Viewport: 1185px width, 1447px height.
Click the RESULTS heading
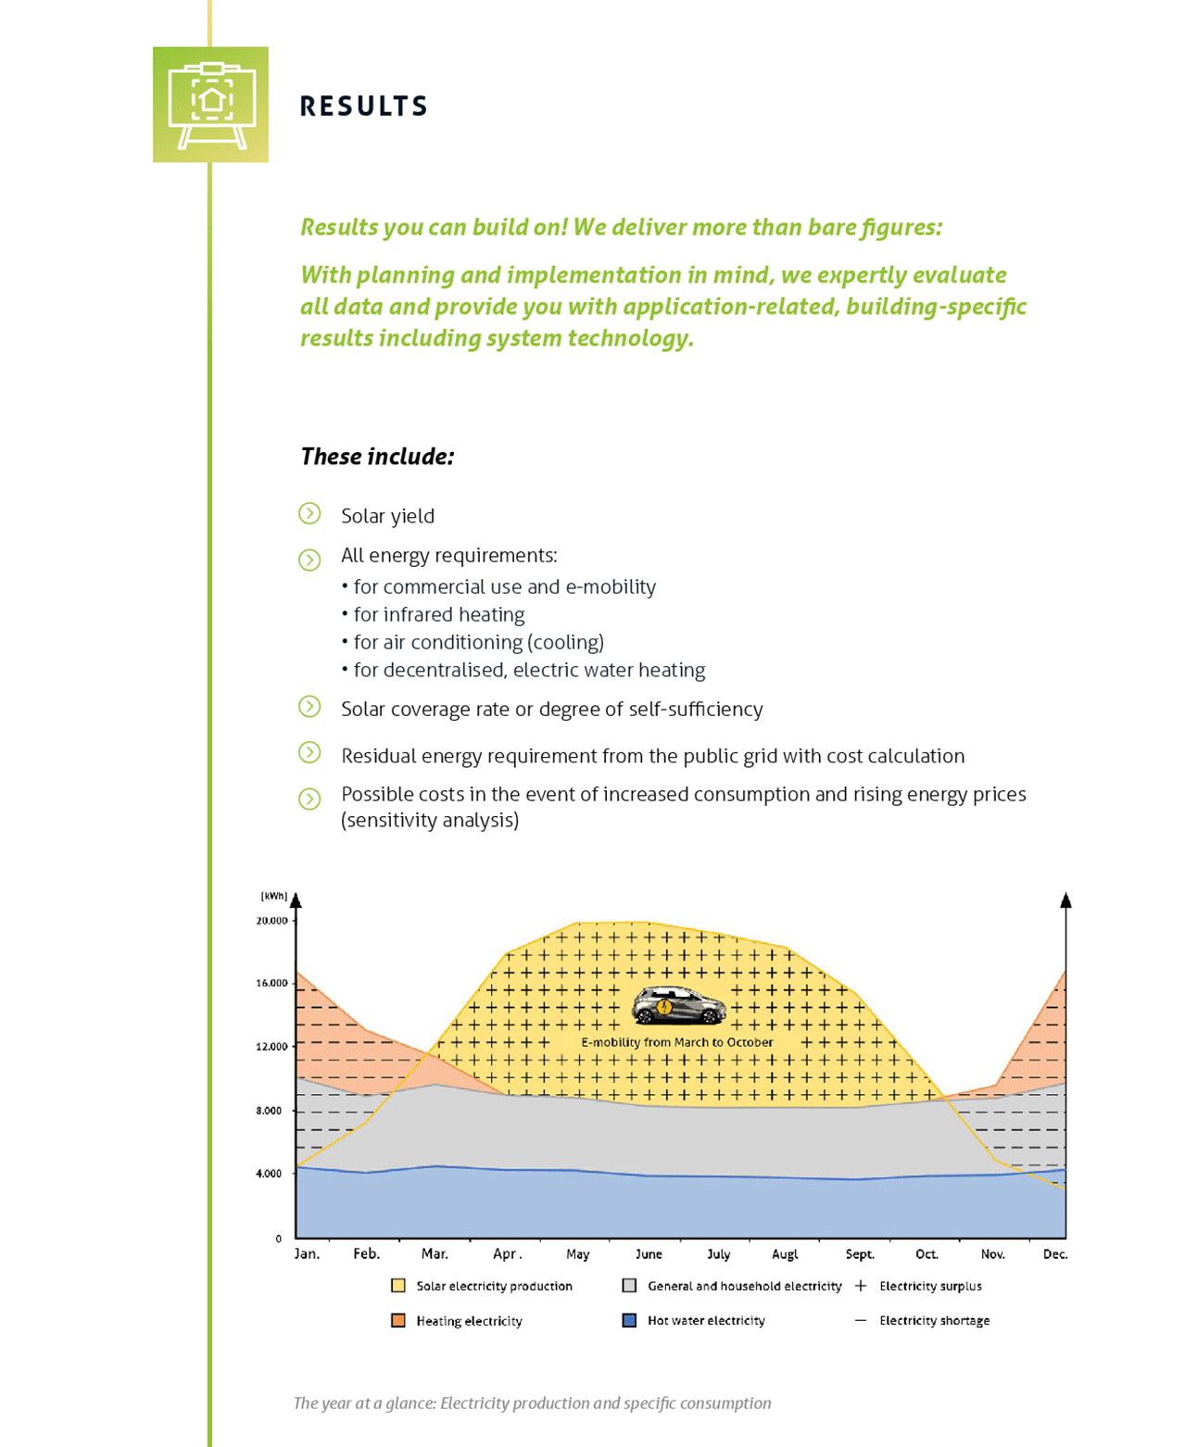click(x=363, y=107)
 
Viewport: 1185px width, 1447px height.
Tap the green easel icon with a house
click(x=210, y=105)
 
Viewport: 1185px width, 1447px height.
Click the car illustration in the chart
click(x=679, y=1006)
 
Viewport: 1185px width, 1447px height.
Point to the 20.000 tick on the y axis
click(x=271, y=921)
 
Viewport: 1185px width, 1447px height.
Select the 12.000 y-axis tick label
click(x=271, y=1047)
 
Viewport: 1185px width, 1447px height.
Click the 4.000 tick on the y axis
click(x=269, y=1174)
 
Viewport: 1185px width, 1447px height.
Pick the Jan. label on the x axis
click(x=307, y=1254)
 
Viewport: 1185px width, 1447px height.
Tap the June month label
click(x=649, y=1254)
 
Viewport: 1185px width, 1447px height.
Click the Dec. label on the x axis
click(x=1055, y=1254)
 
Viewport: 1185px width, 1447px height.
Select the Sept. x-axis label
click(x=860, y=1254)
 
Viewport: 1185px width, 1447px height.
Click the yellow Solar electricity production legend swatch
click(x=398, y=1286)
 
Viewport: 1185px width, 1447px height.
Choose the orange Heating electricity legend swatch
click(x=398, y=1321)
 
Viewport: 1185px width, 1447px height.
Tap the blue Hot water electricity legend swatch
click(x=629, y=1321)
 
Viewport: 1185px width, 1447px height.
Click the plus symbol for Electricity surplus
click(x=861, y=1286)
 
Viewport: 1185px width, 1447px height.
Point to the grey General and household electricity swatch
click(x=629, y=1286)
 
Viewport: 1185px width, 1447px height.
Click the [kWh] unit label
click(x=273, y=896)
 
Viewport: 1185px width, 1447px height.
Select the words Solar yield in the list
click(x=387, y=516)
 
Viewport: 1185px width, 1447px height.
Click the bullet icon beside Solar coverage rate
click(x=309, y=707)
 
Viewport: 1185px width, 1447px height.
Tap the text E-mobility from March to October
click(x=676, y=1042)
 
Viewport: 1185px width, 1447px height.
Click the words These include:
click(x=377, y=457)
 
